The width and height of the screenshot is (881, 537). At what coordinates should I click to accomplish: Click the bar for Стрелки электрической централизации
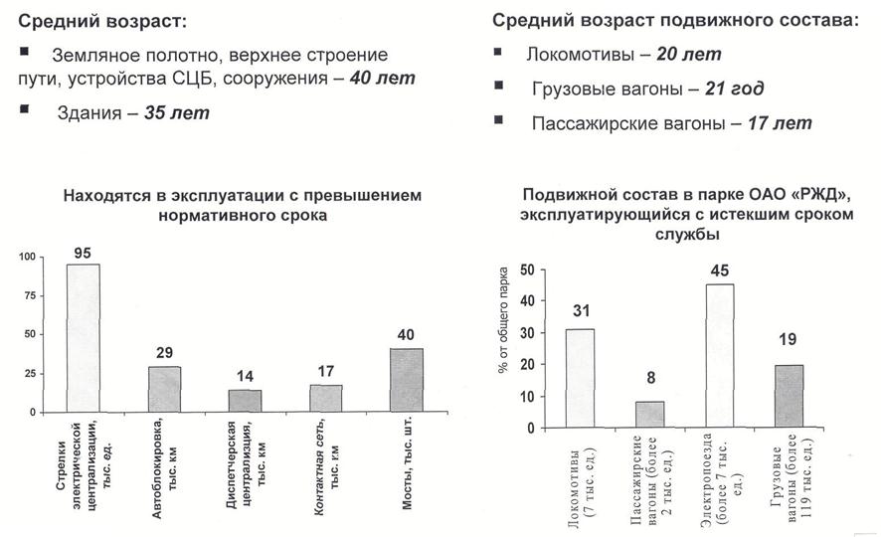click(x=83, y=338)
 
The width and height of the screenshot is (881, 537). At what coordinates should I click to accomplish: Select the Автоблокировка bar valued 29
click(x=165, y=389)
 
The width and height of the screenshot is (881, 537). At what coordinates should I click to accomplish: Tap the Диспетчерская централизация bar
click(x=245, y=400)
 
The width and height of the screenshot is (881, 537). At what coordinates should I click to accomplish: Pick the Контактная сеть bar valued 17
click(x=325, y=398)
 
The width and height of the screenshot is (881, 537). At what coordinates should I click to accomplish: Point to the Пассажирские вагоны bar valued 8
click(x=648, y=415)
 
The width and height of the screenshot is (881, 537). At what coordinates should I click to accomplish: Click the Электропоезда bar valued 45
click(x=719, y=356)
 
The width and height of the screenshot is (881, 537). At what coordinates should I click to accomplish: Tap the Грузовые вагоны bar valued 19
click(x=789, y=397)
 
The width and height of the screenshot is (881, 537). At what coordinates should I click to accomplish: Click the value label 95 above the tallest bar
click(x=83, y=253)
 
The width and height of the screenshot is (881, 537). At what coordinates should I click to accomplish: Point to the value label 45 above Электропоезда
click(x=719, y=270)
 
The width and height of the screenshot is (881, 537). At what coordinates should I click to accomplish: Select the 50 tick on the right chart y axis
click(x=527, y=269)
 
